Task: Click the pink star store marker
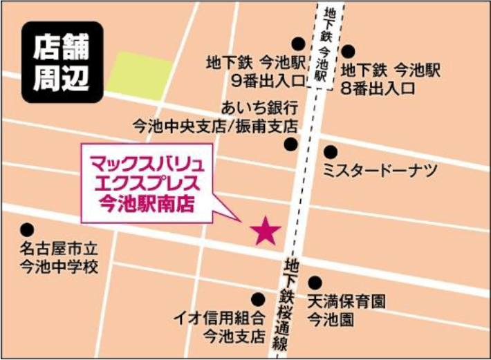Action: [x=265, y=231]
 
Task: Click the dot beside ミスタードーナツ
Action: [x=331, y=151]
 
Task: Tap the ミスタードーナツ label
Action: [x=380, y=171]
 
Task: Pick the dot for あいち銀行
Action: [x=291, y=144]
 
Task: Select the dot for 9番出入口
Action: [x=298, y=44]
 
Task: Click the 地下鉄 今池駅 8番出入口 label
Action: [x=391, y=79]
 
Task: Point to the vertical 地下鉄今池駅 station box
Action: [x=319, y=46]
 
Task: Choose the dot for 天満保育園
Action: [x=315, y=283]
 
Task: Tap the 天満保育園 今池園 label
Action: [x=345, y=310]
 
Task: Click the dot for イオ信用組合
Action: [x=258, y=299]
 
